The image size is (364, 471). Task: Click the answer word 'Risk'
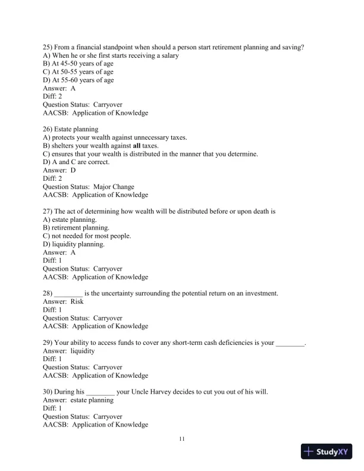pos(77,302)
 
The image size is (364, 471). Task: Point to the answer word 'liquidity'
pos(83,351)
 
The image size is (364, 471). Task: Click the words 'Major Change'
pos(114,187)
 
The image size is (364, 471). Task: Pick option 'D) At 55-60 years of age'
pos(79,80)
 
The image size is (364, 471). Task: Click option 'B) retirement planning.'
pos(76,228)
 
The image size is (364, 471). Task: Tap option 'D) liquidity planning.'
pos(74,244)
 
